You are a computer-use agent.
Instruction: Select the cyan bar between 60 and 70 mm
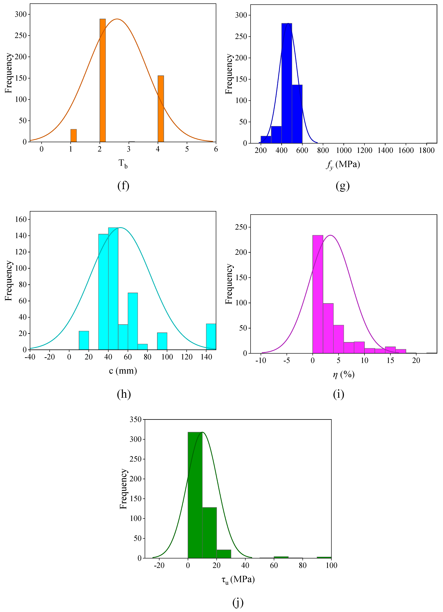click(133, 321)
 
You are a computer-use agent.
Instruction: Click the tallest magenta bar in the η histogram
click(318, 294)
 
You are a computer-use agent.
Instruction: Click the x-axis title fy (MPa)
click(343, 164)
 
